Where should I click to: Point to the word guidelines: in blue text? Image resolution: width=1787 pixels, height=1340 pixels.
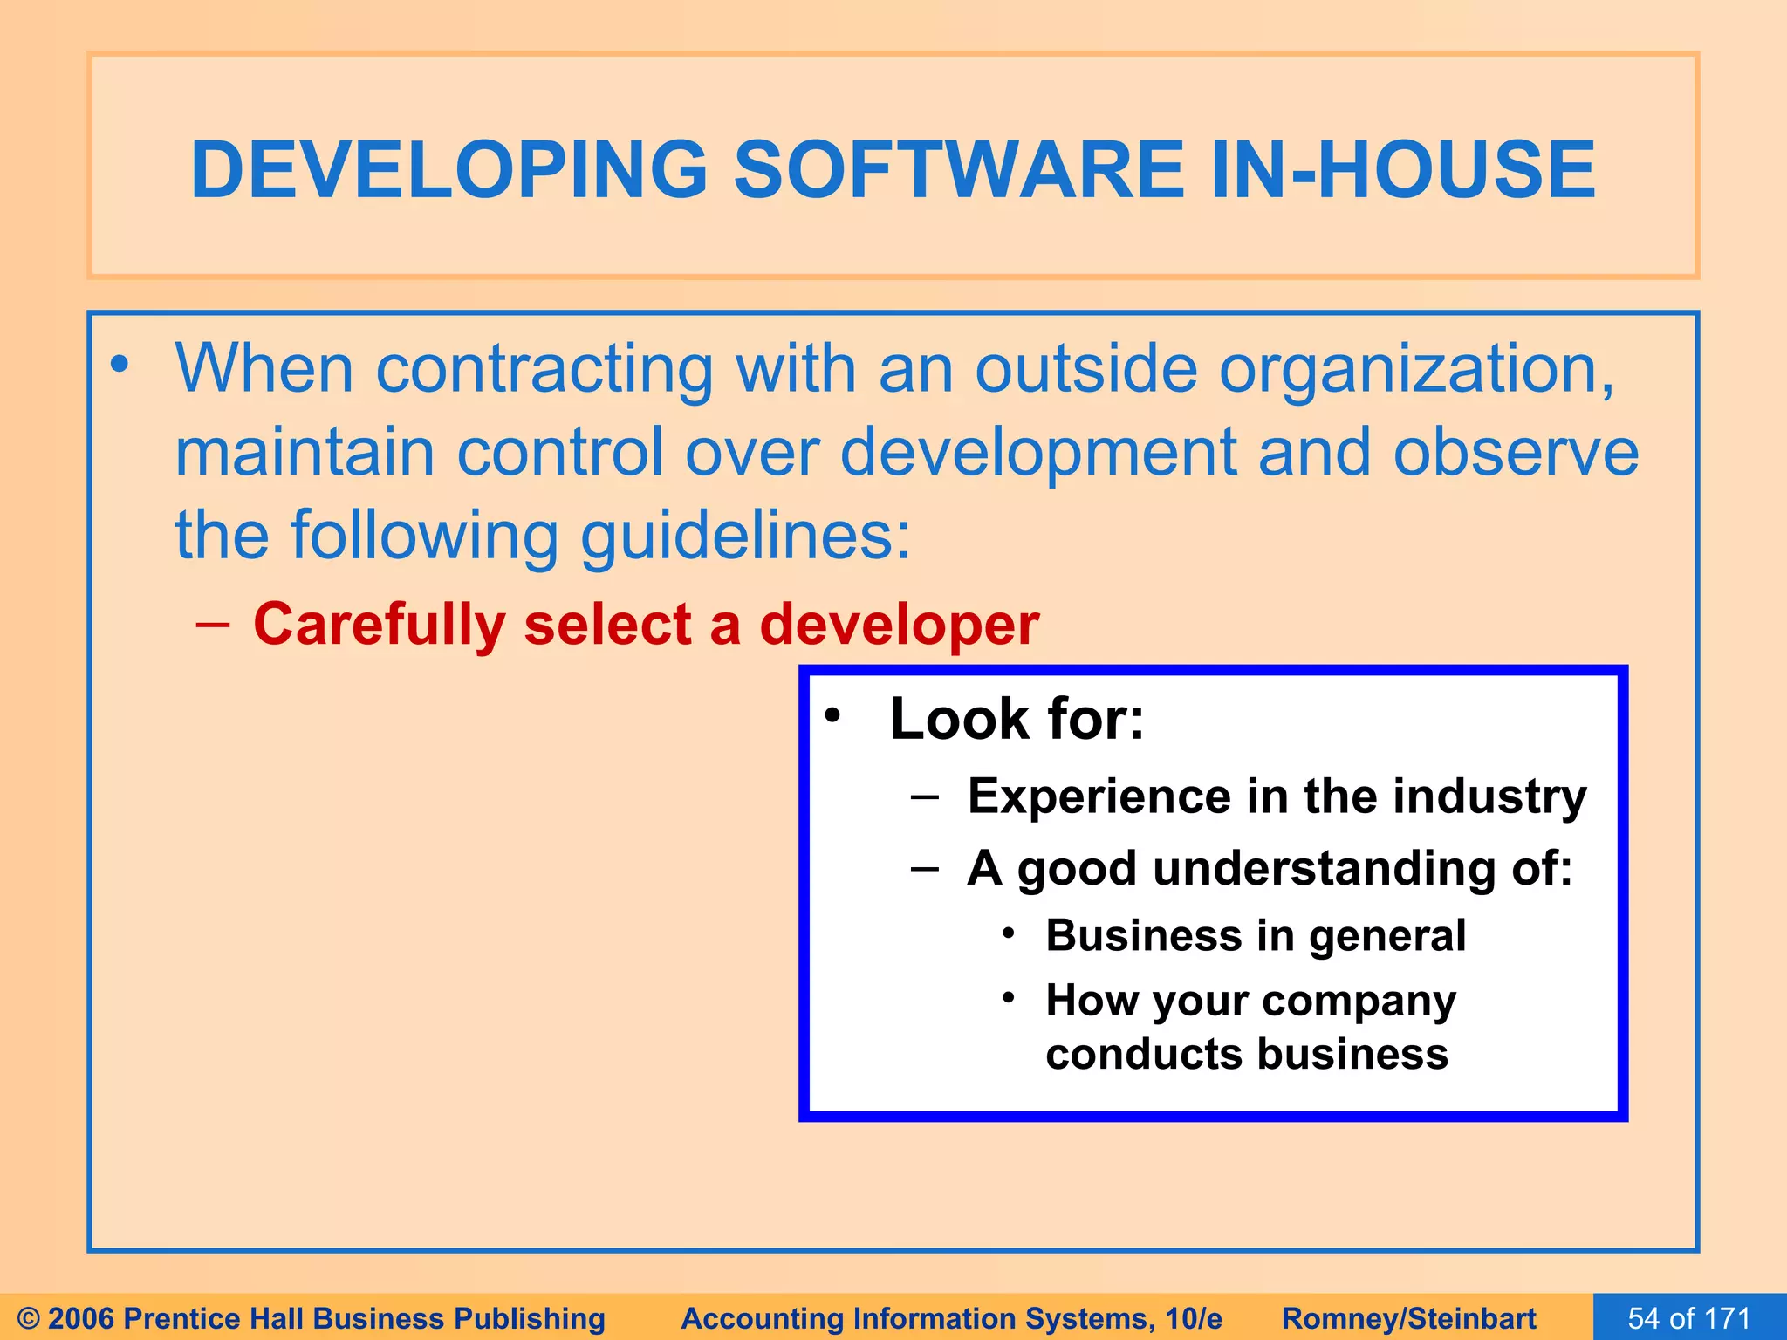[745, 536]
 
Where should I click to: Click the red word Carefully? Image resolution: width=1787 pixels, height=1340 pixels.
[379, 626]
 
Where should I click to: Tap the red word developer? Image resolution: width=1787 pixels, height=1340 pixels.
[899, 626]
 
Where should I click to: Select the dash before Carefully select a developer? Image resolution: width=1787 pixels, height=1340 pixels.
[213, 625]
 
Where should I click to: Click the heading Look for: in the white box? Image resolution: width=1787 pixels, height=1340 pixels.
[1017, 720]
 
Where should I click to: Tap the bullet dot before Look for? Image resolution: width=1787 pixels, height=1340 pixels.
[832, 715]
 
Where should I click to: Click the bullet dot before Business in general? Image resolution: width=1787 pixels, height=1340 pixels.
[1009, 933]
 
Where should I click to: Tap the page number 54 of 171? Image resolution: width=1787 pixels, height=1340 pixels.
[1689, 1317]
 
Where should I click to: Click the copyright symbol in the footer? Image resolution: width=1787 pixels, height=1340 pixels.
[29, 1318]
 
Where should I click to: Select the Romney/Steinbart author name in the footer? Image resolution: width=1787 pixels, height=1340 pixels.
[1408, 1318]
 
